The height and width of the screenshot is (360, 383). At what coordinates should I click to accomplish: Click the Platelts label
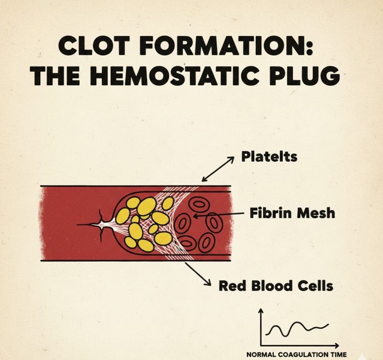(x=269, y=157)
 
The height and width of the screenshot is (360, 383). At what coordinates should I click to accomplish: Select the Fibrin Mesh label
(x=292, y=214)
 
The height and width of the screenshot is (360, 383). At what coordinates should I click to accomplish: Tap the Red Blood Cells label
(x=276, y=287)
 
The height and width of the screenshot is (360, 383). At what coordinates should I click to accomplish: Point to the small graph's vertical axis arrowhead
(x=260, y=311)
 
